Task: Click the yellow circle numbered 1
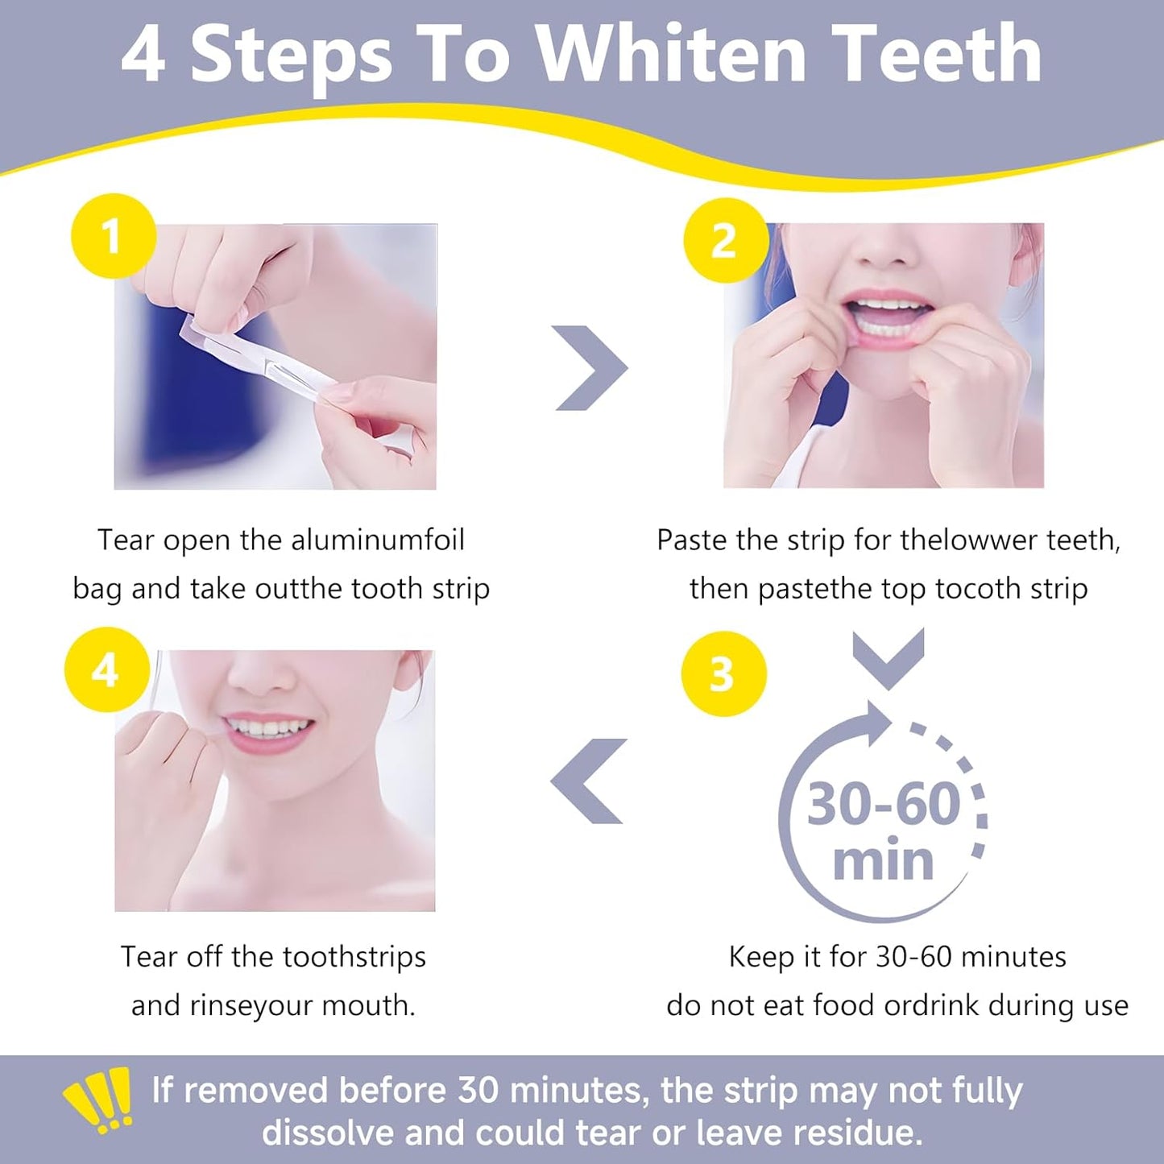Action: [x=113, y=236]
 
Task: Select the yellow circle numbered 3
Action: [x=723, y=673]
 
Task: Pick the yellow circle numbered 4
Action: [x=106, y=669]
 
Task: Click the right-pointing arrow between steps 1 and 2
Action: [x=590, y=368]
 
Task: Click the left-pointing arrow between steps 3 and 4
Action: [x=589, y=781]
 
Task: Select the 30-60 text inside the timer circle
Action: [x=884, y=804]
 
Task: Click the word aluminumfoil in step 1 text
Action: [x=377, y=540]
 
